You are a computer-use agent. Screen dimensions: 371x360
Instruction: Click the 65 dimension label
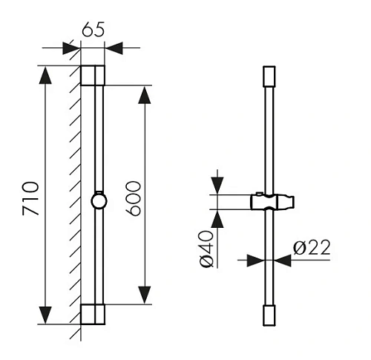pyautogui.click(x=93, y=30)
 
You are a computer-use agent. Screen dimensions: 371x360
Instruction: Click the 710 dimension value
pyautogui.click(x=31, y=199)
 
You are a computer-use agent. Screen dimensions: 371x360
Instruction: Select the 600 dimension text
pyautogui.click(x=133, y=199)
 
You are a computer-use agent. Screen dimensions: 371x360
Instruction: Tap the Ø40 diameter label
pyautogui.click(x=206, y=249)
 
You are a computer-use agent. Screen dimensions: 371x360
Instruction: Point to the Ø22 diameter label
pyautogui.click(x=312, y=247)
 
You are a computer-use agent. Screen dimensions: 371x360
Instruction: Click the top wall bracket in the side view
pyautogui.click(x=93, y=76)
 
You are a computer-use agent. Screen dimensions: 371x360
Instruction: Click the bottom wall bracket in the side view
pyautogui.click(x=93, y=314)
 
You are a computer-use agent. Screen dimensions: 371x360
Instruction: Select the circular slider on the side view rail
pyautogui.click(x=99, y=201)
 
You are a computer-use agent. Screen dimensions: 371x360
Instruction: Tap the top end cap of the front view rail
pyautogui.click(x=269, y=76)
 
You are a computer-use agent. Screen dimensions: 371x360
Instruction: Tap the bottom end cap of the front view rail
pyautogui.click(x=269, y=315)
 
